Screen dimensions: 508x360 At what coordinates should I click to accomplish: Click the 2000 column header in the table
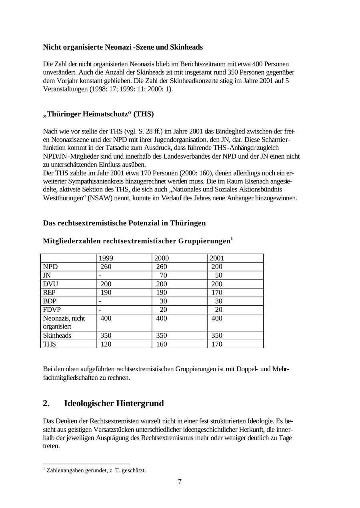coord(162,258)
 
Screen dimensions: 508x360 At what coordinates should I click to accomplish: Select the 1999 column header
coord(106,258)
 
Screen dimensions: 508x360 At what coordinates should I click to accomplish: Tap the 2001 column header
coord(217,258)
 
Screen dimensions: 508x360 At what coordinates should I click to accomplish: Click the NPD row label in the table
coord(50,267)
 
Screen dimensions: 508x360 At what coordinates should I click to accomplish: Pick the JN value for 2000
coord(163,275)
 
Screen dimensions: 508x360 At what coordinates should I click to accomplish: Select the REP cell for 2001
coord(216,293)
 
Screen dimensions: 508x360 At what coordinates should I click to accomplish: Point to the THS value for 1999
coord(106,344)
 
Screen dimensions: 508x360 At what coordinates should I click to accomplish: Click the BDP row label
coord(50,301)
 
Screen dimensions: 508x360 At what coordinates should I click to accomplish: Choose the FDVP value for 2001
coord(218,310)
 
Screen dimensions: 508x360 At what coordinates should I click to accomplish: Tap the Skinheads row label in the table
coord(57,336)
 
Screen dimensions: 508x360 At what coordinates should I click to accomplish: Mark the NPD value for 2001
coord(216,267)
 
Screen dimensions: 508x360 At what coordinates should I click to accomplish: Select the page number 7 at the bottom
coord(180,482)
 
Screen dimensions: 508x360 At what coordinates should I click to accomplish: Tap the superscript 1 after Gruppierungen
coord(232,239)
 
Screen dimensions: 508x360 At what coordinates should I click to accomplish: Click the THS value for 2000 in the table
coord(161,344)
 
